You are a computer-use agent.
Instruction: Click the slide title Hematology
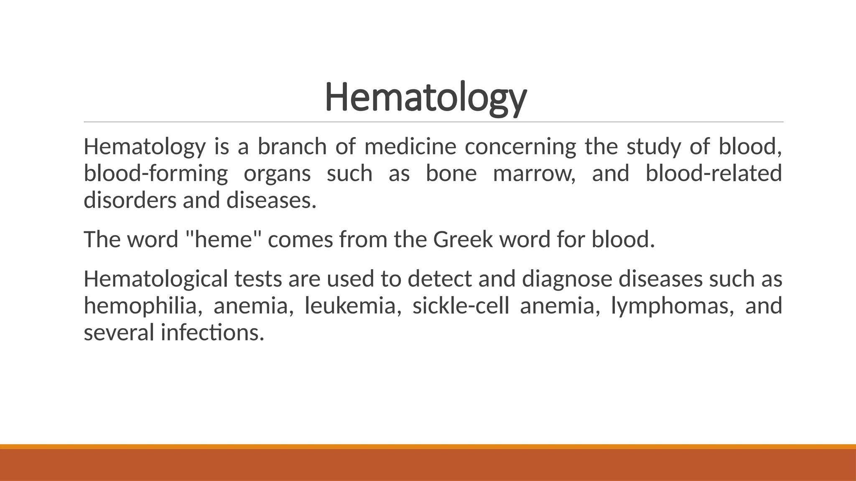tap(425, 98)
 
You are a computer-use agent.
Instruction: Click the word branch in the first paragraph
tap(292, 147)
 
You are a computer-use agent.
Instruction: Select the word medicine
tap(410, 147)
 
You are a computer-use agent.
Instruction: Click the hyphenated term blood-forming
tap(155, 174)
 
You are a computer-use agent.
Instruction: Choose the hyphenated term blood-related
tap(713, 174)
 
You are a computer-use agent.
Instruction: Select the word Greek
tap(463, 240)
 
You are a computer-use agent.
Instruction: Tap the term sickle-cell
tap(461, 306)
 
